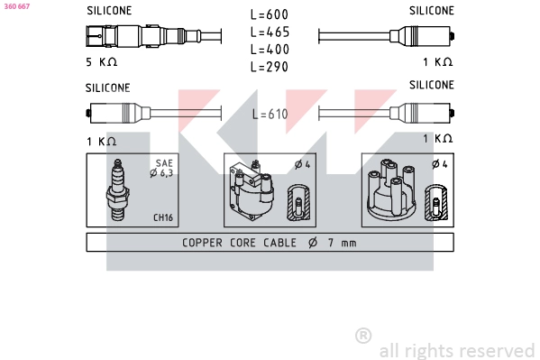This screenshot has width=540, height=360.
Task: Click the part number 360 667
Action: [16, 5]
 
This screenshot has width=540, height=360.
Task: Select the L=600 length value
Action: [270, 14]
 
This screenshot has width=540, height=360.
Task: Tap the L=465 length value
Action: [270, 32]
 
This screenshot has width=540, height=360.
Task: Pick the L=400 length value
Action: [270, 49]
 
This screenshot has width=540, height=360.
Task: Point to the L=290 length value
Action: [270, 66]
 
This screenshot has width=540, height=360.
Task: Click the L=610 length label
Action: [270, 114]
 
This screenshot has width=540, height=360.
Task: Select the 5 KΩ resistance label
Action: [101, 62]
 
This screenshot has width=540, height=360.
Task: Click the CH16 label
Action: [162, 217]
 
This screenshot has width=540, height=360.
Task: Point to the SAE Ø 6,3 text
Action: [162, 169]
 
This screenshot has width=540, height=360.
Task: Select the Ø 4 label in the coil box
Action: [302, 164]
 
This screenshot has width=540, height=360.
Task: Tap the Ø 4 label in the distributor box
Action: [439, 164]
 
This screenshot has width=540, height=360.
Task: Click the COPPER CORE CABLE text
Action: [242, 243]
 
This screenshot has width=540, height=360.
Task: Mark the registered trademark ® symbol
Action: [363, 335]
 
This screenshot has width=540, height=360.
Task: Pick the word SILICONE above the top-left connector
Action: [108, 11]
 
